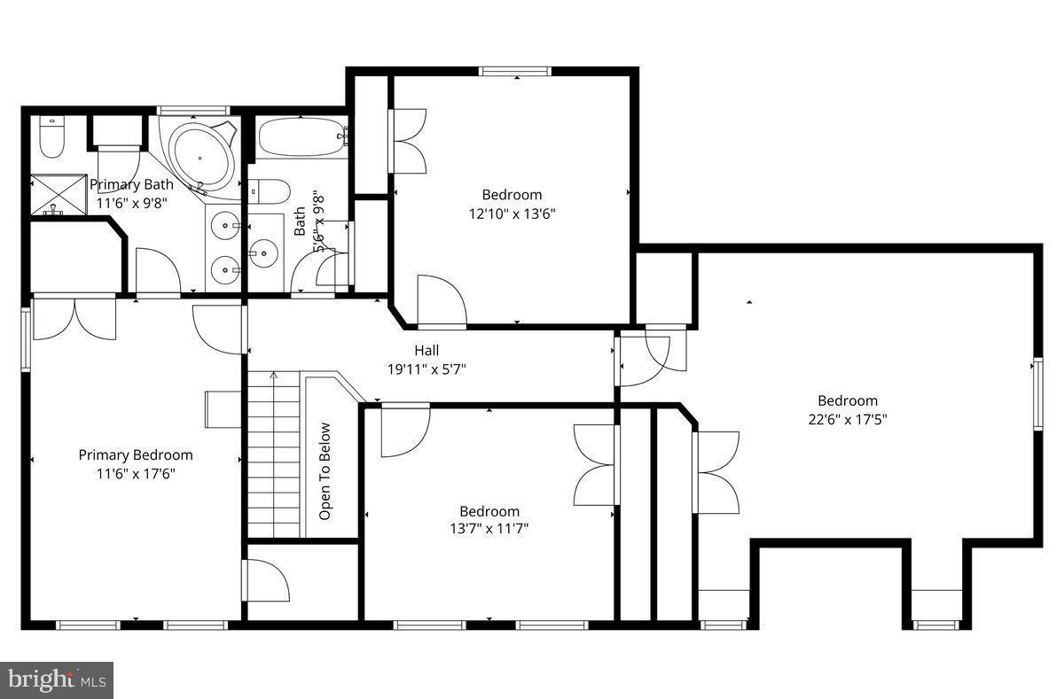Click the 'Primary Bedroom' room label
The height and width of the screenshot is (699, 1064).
point(136,454)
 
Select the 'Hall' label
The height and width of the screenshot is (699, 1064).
point(426,351)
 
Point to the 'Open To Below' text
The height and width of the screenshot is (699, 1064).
point(325,470)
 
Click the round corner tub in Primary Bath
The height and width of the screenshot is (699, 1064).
point(200,154)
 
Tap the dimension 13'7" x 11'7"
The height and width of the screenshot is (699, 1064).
point(489,529)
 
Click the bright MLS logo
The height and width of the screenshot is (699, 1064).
point(56,680)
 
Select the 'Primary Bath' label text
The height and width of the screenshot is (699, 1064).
point(131,184)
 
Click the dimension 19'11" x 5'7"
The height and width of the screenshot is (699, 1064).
point(426,369)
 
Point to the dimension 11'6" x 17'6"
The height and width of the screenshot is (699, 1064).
point(136,473)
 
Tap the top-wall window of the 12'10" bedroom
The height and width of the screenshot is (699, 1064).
point(517,72)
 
